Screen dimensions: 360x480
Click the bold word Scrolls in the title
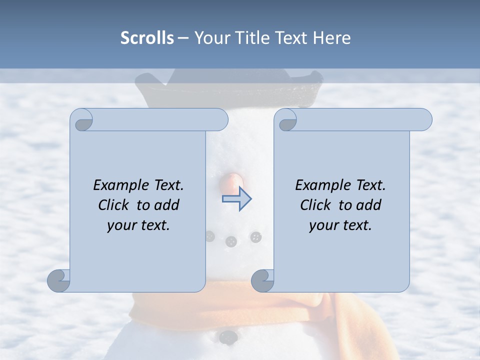(x=147, y=38)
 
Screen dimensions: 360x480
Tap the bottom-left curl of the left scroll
(x=59, y=280)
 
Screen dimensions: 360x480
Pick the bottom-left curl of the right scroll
(x=262, y=280)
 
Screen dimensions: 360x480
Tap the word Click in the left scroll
(x=114, y=205)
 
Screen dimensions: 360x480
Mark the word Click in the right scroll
(x=316, y=205)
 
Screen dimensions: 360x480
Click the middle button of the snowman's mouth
(x=230, y=242)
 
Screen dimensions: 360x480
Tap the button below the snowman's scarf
(x=228, y=337)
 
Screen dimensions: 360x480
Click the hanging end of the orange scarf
(x=350, y=330)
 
